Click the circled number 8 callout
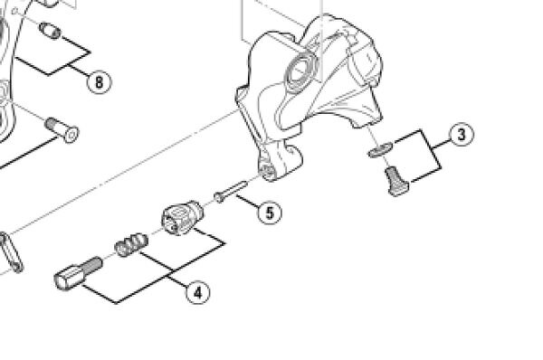point(99,82)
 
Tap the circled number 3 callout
point(462,134)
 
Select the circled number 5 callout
point(270,213)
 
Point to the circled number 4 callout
point(197,293)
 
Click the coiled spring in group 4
point(131,245)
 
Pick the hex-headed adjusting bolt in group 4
point(79,274)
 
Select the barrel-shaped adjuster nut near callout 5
point(182,218)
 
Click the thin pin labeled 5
point(230,192)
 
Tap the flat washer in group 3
point(380,149)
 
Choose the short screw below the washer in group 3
point(397,181)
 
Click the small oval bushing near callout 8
point(50,31)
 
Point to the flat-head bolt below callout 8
point(62,130)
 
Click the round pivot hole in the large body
point(300,71)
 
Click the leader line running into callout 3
point(442,143)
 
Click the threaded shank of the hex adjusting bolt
point(91,266)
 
